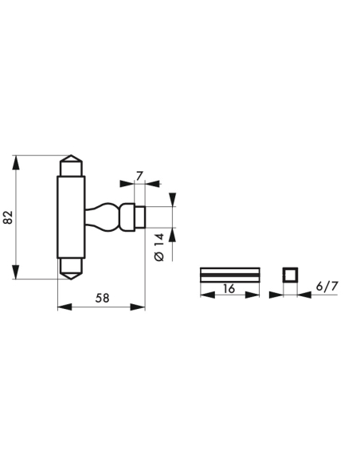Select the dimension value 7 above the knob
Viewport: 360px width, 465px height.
click(x=139, y=174)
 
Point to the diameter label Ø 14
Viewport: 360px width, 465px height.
click(x=158, y=246)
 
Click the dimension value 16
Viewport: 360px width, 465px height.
click(x=229, y=288)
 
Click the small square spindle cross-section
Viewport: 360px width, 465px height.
click(x=288, y=275)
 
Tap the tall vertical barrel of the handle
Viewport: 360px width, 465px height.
click(x=71, y=217)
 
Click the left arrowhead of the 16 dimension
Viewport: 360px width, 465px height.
click(x=204, y=295)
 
